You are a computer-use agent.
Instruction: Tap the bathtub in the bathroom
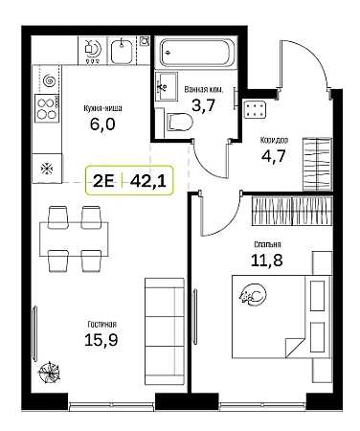coord(195,53)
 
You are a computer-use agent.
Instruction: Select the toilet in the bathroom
coord(180,122)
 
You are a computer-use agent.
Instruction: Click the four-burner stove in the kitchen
coord(47,108)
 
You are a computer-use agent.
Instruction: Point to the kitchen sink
coord(122,51)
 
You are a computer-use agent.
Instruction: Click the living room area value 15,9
coord(101,339)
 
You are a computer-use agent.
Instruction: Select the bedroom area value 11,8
coord(267,261)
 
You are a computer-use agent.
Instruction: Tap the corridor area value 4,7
coord(273,156)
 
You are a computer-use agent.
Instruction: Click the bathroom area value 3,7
coord(203,104)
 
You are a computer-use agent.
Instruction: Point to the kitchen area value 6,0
coord(102,124)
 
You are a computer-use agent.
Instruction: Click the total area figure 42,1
coord(148,182)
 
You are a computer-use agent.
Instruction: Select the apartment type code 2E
coord(103,182)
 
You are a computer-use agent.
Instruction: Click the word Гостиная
coord(101,325)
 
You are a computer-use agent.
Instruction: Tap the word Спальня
coord(267,244)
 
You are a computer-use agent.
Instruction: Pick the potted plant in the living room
coord(49,372)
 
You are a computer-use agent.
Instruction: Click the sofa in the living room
coord(165,331)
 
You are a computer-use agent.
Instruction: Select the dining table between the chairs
coord(74,238)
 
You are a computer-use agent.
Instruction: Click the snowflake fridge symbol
coord(47,169)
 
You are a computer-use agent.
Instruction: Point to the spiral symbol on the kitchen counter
coord(50,80)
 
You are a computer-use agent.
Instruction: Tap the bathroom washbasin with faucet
coord(166,86)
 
